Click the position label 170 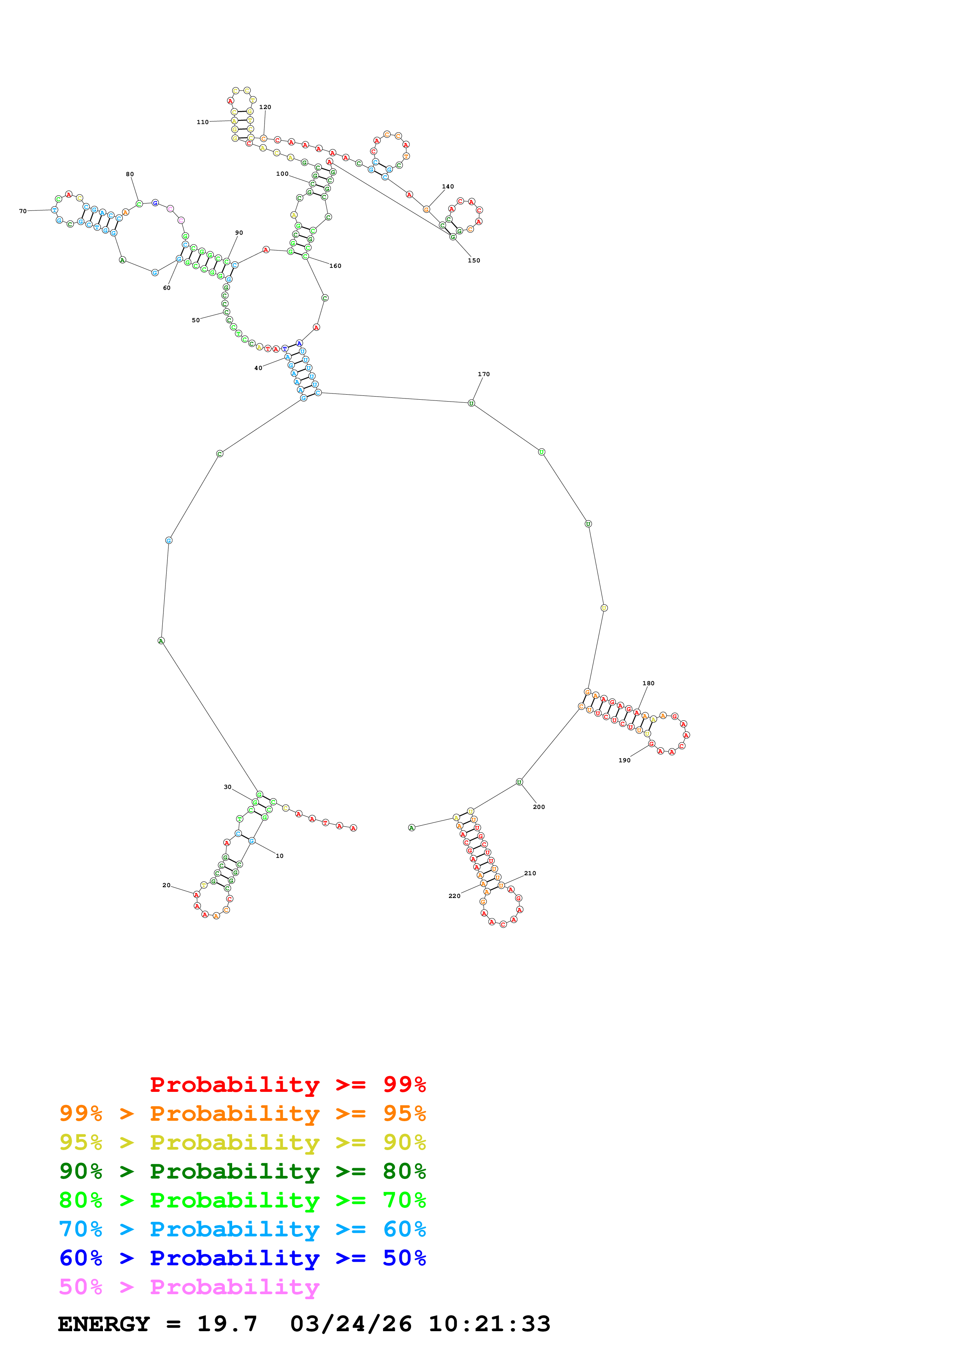tap(484, 374)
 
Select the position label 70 tap(23, 211)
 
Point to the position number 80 tap(130, 174)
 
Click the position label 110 tap(202, 122)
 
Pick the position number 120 tap(265, 107)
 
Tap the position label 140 tap(448, 187)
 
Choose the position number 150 tap(474, 260)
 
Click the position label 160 tap(335, 266)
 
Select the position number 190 tap(624, 760)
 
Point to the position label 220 tap(454, 896)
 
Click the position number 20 tap(166, 885)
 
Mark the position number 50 tap(196, 320)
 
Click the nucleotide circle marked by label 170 tap(471, 403)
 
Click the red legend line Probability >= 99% tap(287, 1085)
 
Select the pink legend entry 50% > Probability tap(189, 1287)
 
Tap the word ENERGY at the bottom tap(104, 1324)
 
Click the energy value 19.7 tap(227, 1324)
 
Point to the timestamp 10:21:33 tap(489, 1324)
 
